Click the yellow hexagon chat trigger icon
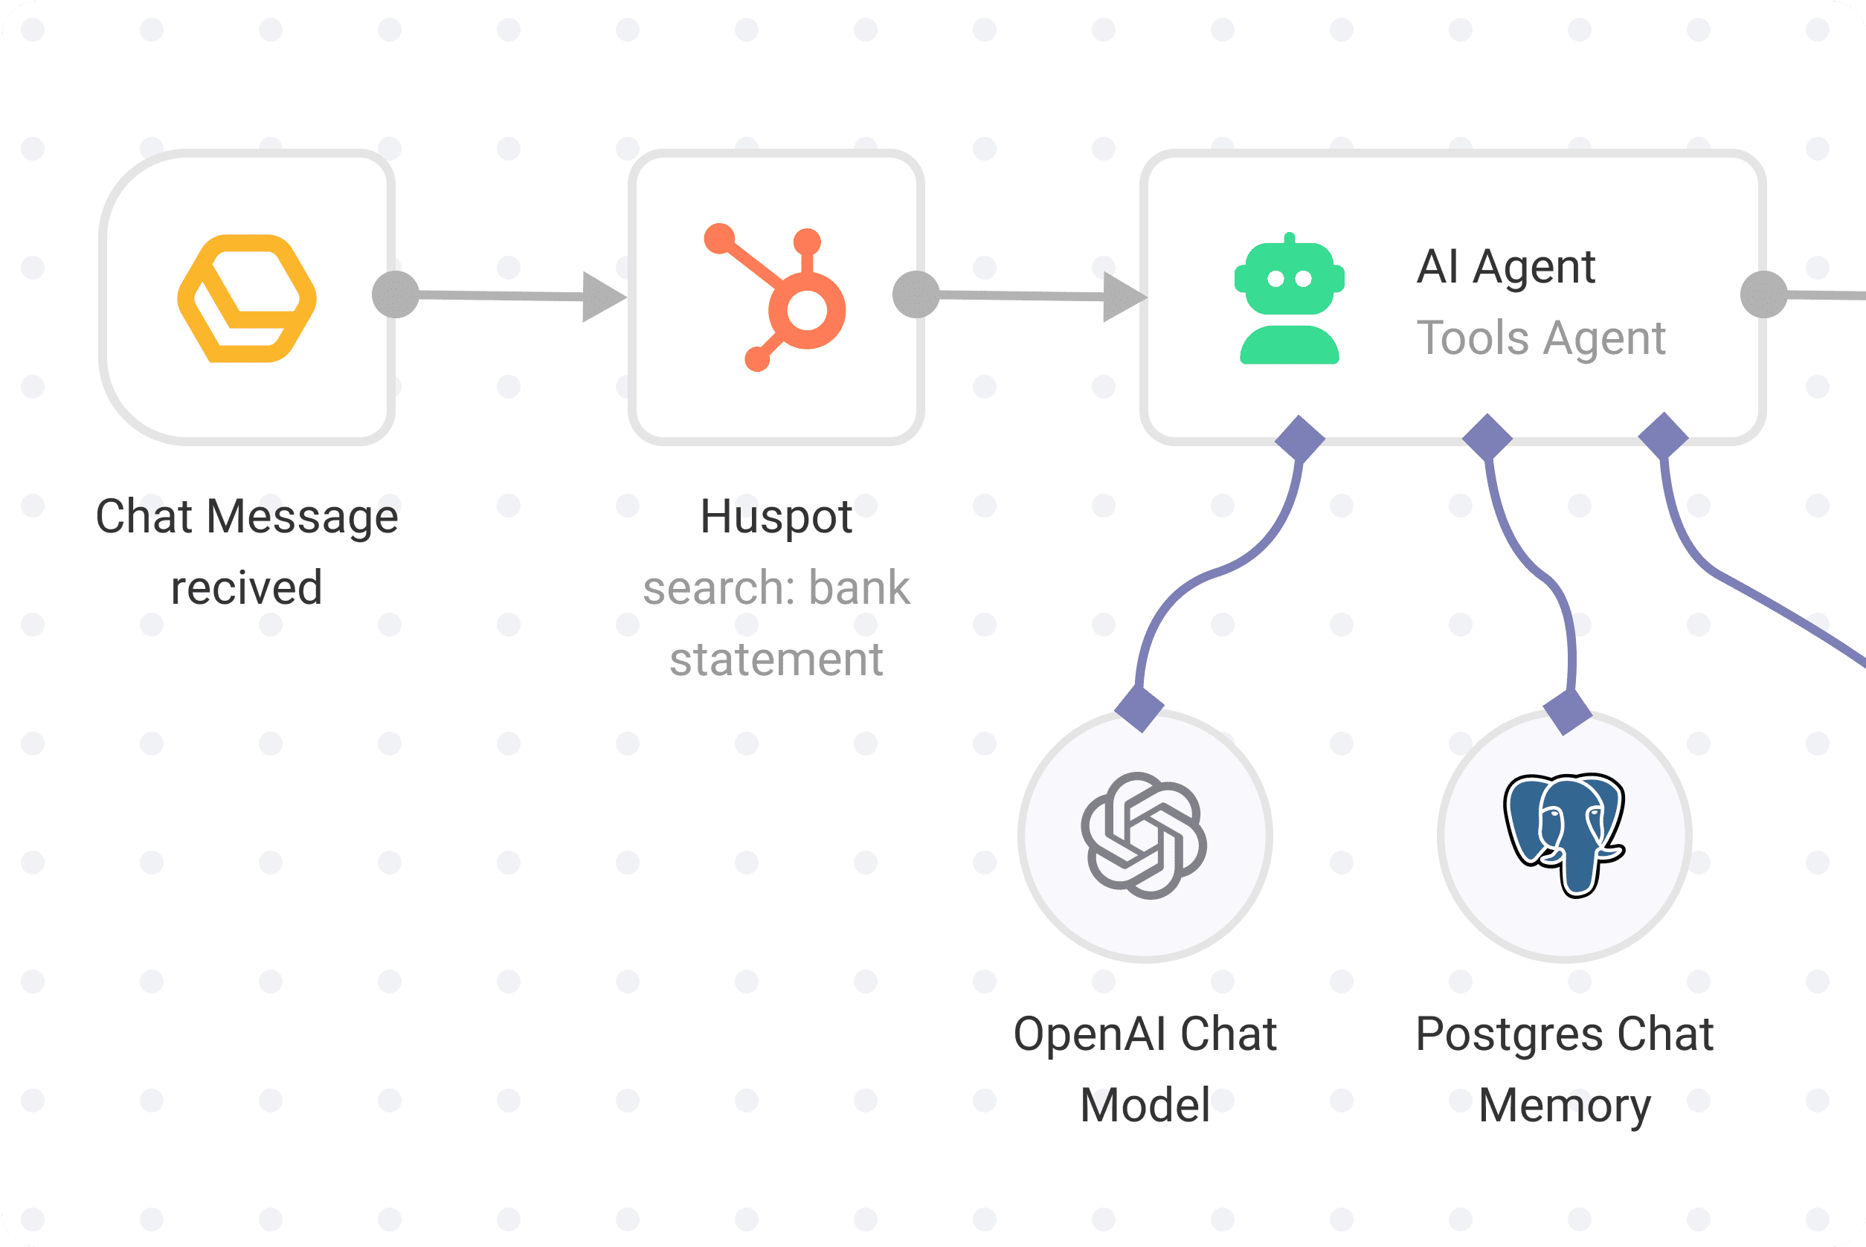247,298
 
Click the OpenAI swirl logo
1144,836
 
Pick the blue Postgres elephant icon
1564,834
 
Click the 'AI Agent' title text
1506,266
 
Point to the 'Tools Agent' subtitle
1541,338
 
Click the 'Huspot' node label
776,517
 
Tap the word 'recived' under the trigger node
247,587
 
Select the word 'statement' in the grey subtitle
776,660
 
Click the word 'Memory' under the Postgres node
1565,1106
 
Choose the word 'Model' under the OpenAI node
1145,1106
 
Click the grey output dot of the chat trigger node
396,294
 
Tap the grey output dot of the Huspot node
916,294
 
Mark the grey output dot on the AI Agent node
1764,294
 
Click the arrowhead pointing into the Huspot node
603,297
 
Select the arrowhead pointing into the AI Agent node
1123,297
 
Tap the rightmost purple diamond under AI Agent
1663,435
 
